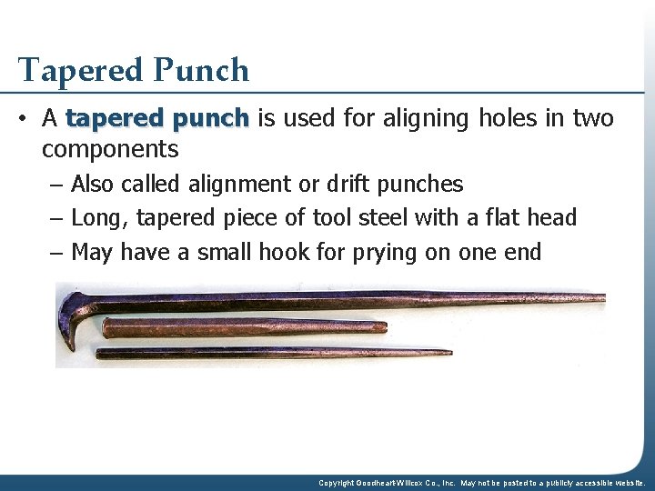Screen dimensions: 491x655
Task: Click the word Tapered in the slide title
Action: click(x=74, y=71)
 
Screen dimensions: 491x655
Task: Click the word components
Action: click(x=109, y=149)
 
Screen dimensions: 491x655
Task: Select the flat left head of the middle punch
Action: click(x=106, y=328)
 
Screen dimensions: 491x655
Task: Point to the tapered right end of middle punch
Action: click(x=382, y=326)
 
